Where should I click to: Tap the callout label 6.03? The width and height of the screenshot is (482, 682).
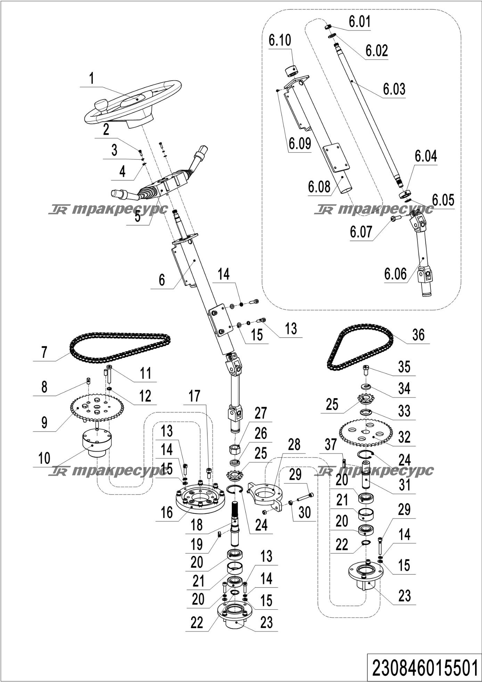394,89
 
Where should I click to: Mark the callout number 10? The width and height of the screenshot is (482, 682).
44,458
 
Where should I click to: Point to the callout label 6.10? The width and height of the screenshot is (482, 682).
280,40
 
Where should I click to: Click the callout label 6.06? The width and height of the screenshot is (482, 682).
395,274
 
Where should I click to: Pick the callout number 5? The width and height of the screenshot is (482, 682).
138,216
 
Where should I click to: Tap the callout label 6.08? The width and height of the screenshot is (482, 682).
319,187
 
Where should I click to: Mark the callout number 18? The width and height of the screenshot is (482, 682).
197,525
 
